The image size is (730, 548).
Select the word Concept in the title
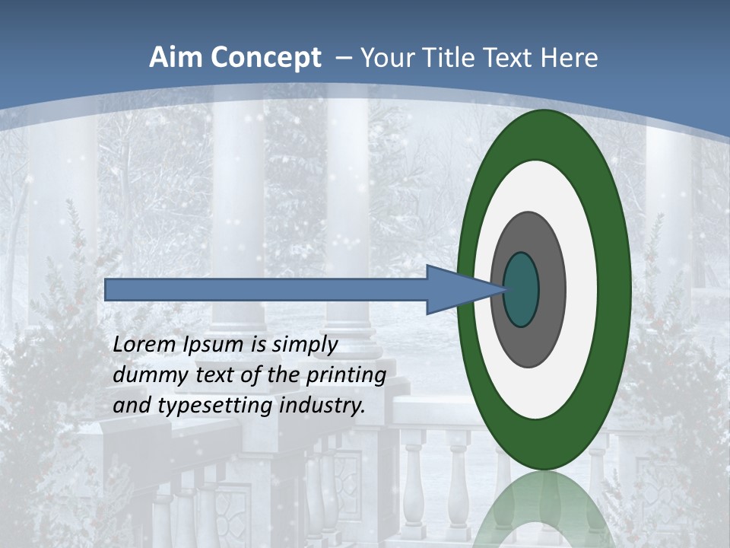(x=265, y=58)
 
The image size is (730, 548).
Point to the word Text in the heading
(x=511, y=58)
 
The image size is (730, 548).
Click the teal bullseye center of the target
(x=522, y=289)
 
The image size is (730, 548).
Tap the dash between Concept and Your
(x=341, y=59)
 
